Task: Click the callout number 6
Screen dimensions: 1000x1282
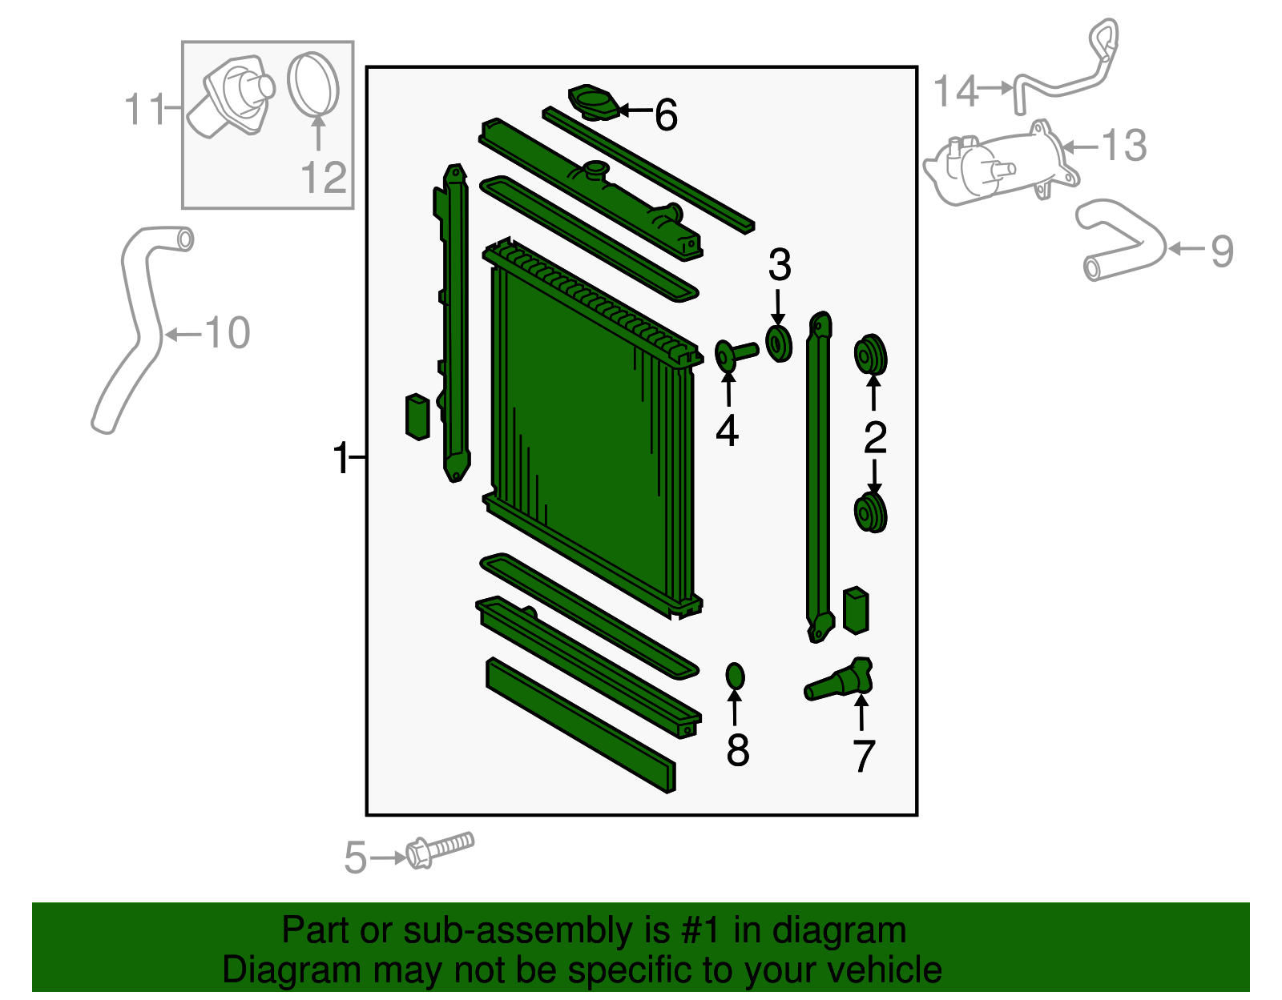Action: click(666, 115)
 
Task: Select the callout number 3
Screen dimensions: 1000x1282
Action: click(779, 266)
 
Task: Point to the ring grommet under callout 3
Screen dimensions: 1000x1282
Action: click(778, 343)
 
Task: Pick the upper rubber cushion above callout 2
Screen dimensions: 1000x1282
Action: click(870, 355)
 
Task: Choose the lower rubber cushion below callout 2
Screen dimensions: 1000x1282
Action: click(870, 512)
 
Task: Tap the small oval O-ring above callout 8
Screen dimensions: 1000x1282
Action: click(735, 677)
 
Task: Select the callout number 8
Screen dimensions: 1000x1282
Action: click(737, 750)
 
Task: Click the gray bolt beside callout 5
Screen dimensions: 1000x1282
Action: click(440, 849)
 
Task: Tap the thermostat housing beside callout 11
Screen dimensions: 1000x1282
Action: click(232, 98)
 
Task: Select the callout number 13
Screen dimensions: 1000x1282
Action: click(1123, 146)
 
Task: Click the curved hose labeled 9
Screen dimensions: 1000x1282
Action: click(1122, 240)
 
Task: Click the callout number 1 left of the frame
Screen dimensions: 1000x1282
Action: click(341, 459)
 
